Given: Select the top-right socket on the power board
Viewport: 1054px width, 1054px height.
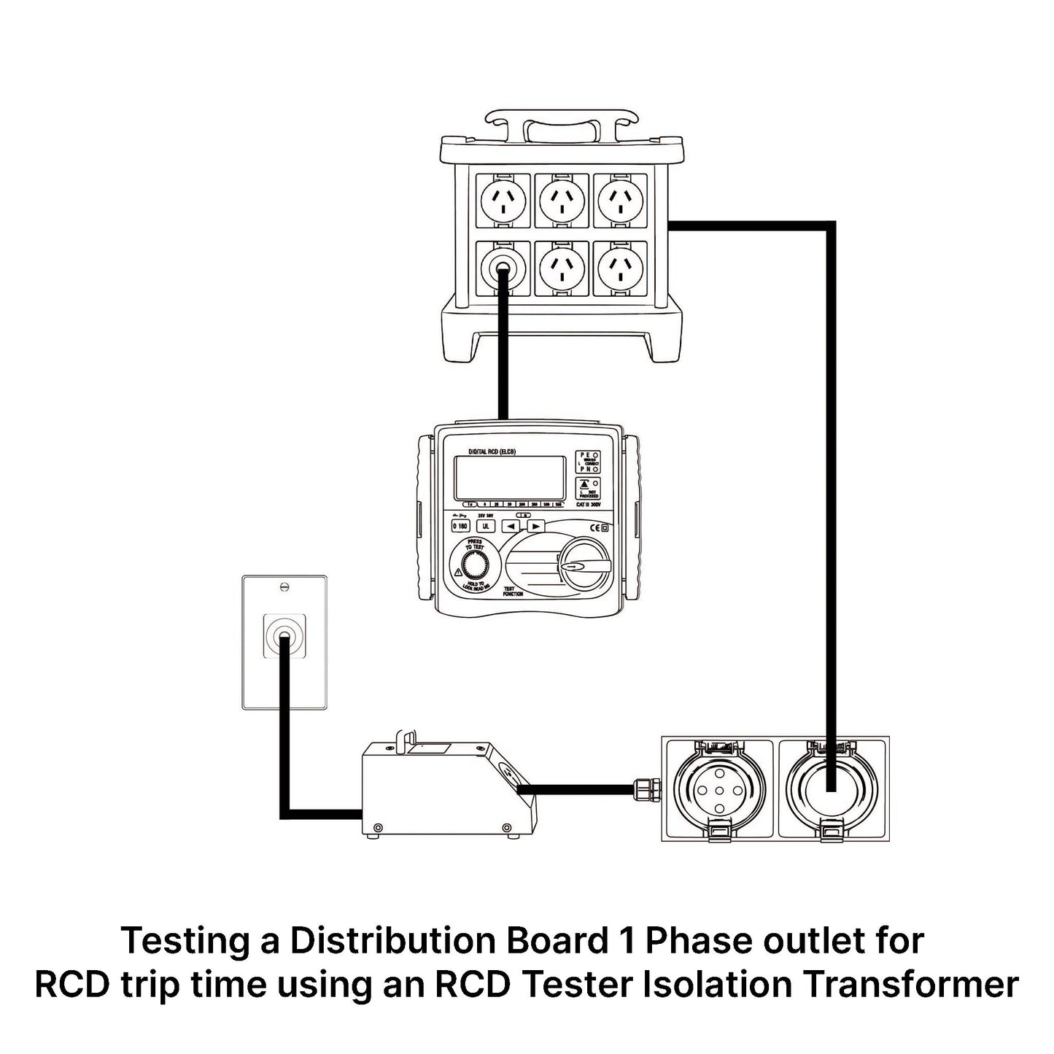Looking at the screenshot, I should click(x=620, y=199).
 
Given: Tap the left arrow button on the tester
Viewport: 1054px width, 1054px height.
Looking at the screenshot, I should click(x=512, y=526).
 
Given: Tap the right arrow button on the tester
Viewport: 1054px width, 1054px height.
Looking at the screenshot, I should click(x=535, y=526).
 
